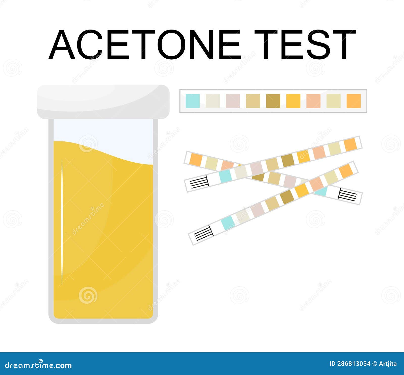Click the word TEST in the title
(x=305, y=45)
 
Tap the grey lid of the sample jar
(x=103, y=102)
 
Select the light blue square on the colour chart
(x=192, y=101)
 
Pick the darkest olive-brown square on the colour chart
(x=273, y=101)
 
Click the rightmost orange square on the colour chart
(x=354, y=101)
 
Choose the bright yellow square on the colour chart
(x=293, y=101)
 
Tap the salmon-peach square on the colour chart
(x=314, y=101)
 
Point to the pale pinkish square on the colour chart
(x=233, y=101)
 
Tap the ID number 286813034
(x=350, y=364)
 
